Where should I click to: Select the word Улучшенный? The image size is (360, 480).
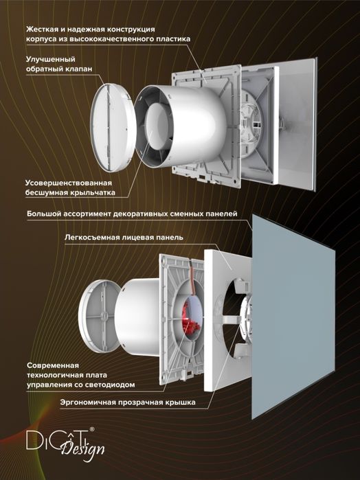[x=51, y=59]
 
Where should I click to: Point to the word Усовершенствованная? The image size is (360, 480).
[x=69, y=183]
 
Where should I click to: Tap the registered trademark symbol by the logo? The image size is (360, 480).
[x=92, y=429]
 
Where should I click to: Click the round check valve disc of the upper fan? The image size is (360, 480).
[x=113, y=127]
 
